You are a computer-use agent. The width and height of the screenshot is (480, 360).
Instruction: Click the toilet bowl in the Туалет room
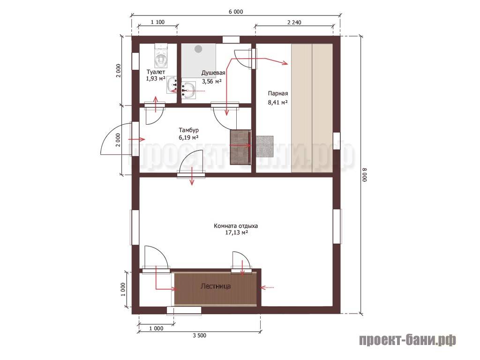click(161, 58)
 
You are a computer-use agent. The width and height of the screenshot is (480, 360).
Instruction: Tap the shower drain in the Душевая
click(198, 49)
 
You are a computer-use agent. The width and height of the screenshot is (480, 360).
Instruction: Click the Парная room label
click(278, 93)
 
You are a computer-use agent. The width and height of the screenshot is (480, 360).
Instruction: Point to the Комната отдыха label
click(236, 226)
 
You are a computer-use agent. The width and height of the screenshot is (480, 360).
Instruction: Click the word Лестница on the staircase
click(216, 286)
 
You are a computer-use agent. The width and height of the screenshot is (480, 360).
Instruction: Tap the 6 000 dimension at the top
click(236, 12)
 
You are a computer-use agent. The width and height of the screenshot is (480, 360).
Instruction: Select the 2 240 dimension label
click(294, 22)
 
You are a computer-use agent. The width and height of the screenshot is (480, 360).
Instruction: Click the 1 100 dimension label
click(157, 22)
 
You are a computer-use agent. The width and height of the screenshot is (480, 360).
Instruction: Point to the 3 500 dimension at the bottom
click(200, 336)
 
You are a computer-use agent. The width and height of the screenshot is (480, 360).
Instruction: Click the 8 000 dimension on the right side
click(365, 175)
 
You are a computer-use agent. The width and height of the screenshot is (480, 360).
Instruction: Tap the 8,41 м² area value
click(277, 102)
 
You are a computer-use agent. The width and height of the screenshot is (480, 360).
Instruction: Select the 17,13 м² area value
click(236, 232)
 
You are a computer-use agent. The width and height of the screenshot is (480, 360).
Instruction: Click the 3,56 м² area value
click(212, 82)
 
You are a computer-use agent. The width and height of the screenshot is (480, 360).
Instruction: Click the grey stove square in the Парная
click(264, 146)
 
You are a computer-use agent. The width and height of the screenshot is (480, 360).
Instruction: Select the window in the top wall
click(231, 39)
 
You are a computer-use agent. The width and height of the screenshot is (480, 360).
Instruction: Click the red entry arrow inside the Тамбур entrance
click(136, 139)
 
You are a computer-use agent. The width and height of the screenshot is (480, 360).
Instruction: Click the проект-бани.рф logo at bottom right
click(408, 340)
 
